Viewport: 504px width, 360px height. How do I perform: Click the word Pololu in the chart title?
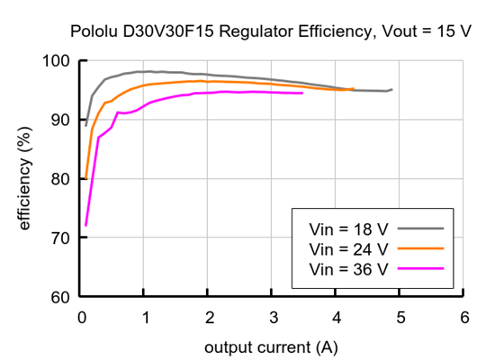[94, 32]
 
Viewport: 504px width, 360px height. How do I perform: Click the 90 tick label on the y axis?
[62, 120]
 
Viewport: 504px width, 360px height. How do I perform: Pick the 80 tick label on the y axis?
[62, 179]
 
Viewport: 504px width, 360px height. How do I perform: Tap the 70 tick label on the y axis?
[62, 238]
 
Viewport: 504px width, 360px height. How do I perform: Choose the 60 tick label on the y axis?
[62, 297]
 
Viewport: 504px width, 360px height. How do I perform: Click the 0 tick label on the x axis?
[81, 316]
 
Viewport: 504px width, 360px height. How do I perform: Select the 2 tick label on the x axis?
[209, 316]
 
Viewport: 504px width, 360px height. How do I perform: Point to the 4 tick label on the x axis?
[336, 316]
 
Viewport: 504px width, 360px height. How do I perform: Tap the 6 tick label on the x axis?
[463, 316]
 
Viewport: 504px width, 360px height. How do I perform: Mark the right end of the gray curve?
[391, 89]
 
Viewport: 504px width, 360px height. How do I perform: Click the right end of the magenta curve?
[302, 93]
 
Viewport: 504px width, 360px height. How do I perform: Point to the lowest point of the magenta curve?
[85, 225]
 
